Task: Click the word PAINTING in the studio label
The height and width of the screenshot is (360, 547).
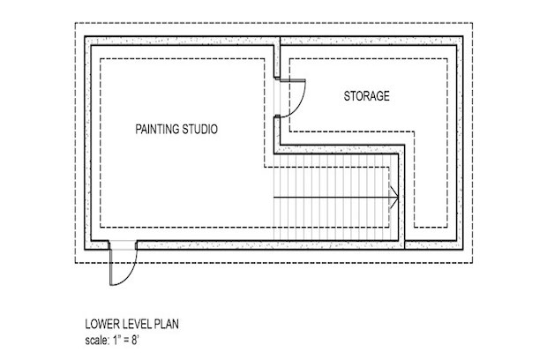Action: coord(157,129)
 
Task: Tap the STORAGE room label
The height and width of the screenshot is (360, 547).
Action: coord(367,96)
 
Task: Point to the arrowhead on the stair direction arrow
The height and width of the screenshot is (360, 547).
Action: coord(394,198)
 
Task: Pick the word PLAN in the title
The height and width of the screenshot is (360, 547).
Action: coord(166,324)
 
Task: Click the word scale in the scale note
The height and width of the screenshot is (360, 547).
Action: coord(97,340)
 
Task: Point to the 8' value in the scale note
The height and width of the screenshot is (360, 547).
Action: coord(135,340)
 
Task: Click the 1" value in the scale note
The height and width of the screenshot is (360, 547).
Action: coord(116,340)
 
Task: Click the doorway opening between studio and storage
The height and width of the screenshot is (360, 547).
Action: coord(277,98)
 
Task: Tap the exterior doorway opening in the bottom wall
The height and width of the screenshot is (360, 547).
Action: coord(123,245)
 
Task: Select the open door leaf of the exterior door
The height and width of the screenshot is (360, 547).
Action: coord(111,267)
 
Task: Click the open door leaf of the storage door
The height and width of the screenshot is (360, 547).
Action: coord(293,81)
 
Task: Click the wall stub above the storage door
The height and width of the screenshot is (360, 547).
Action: coord(277,58)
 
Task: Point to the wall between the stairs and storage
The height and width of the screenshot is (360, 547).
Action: coord(401,197)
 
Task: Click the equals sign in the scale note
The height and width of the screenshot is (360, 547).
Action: coord(126,340)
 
